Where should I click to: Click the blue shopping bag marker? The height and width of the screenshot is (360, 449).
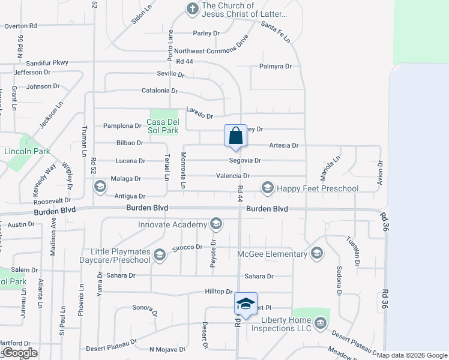pos(235,136)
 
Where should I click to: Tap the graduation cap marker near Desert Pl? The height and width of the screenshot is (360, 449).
pos(245,304)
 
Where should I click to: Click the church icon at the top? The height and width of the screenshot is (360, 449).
pos(192,8)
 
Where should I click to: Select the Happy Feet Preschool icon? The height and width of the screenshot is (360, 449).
pos(267,188)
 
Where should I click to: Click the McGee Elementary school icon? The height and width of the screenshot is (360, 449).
pos(317,253)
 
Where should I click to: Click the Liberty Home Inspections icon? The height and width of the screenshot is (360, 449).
pos(320,324)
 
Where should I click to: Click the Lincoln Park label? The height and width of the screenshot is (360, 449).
pos(26,152)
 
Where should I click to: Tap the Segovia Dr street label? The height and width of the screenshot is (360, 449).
pos(245,161)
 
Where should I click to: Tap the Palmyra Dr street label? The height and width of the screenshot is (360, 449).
pos(276,67)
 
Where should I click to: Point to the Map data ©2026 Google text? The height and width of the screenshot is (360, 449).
pos(411,355)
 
